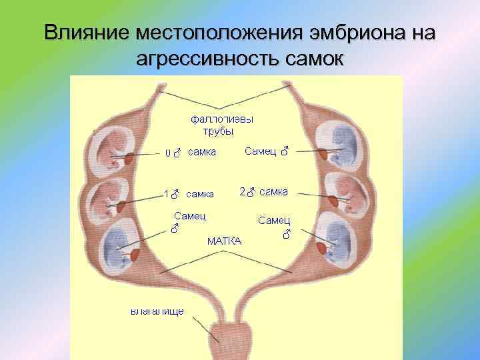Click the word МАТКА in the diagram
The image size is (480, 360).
coord(224,240)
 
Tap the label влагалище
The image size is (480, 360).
coord(157,311)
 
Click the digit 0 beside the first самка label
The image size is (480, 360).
coord(167,153)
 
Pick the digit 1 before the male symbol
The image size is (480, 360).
coord(166,195)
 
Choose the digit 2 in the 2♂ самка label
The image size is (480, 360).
coord(243,193)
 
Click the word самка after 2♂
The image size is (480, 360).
coord(273,193)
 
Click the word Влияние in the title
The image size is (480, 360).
coord(86,33)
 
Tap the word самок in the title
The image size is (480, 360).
coord(313,59)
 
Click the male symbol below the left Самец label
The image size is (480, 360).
coord(173,229)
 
